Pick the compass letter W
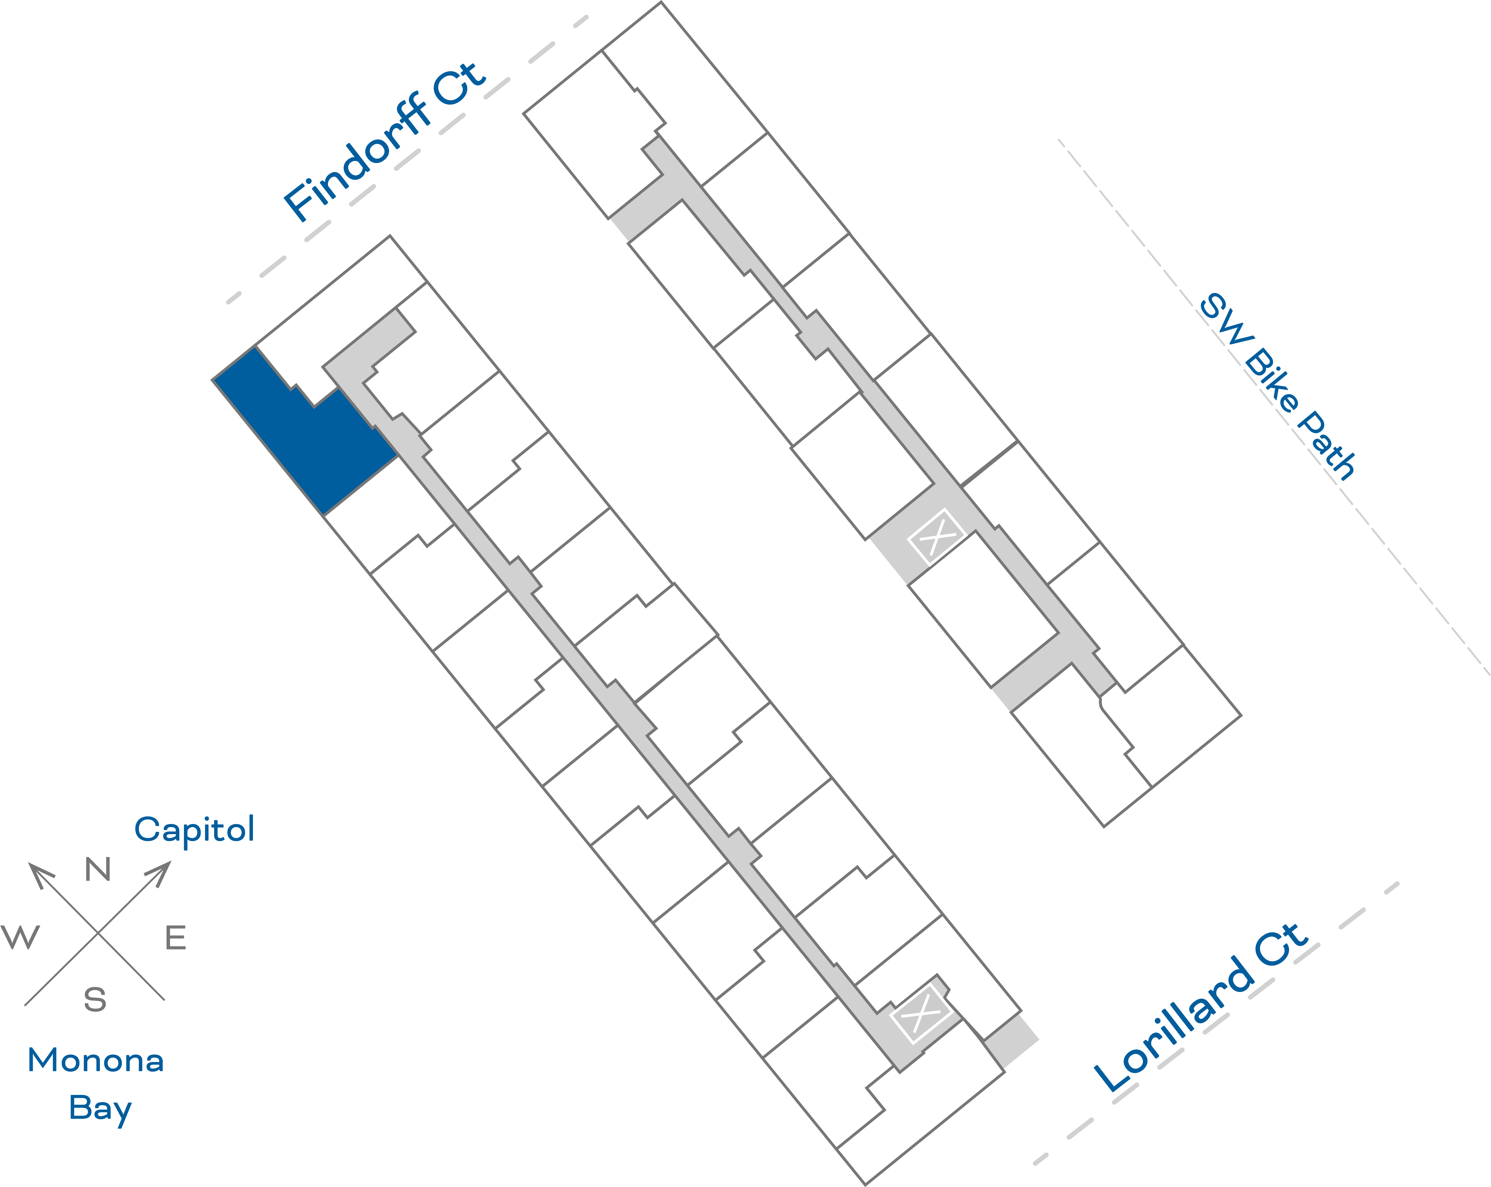21,937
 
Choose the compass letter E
176,938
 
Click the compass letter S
95,1000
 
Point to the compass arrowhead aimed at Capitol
160,872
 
